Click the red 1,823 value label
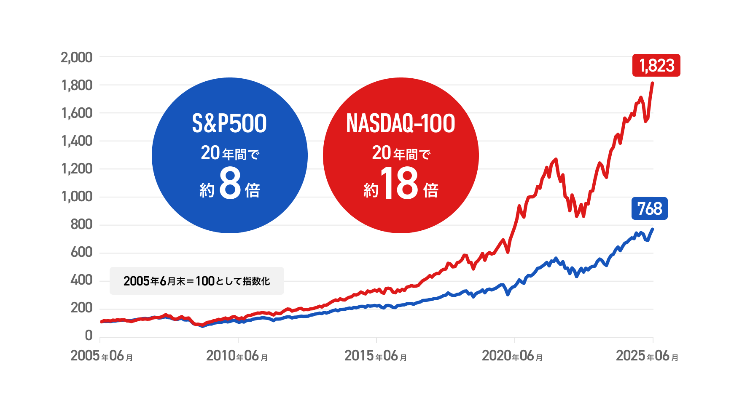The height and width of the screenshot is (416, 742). (x=656, y=66)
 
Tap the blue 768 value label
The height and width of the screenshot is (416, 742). (x=649, y=209)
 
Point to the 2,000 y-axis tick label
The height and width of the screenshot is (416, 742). (x=76, y=57)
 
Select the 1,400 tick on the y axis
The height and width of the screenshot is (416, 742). (x=77, y=141)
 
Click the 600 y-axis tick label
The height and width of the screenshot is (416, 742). (x=81, y=252)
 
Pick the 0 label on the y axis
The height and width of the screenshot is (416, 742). (x=89, y=336)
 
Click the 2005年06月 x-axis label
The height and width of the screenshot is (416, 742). (x=102, y=356)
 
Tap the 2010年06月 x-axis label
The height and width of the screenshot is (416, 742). (x=237, y=356)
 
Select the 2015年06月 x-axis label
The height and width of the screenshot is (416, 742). (x=376, y=356)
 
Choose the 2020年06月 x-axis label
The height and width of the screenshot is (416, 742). (x=512, y=356)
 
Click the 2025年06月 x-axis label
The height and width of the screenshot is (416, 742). (x=647, y=356)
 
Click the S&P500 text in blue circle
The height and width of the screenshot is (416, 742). (x=229, y=123)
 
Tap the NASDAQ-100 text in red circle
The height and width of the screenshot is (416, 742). (x=401, y=123)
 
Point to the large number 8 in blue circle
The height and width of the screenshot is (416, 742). (x=230, y=184)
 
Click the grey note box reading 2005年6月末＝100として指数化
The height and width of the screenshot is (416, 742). (x=196, y=281)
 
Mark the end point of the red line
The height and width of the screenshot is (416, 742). (x=653, y=83)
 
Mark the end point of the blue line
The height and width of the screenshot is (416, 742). (x=653, y=229)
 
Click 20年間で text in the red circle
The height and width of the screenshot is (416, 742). (x=401, y=153)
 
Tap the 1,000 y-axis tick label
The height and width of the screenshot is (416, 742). (x=77, y=197)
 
